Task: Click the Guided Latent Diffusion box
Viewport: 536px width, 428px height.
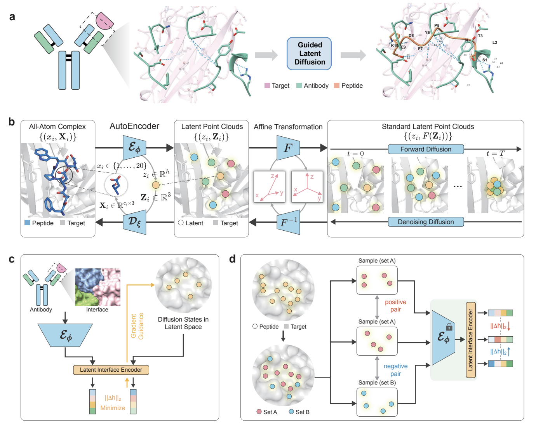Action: pos(309,54)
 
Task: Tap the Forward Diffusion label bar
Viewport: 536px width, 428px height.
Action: pos(426,149)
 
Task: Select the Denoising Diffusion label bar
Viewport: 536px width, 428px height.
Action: pos(426,222)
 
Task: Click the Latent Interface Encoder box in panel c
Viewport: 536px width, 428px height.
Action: pos(111,370)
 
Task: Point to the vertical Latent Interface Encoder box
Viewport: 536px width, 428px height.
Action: pos(471,340)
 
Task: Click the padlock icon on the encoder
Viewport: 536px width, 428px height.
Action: pos(449,327)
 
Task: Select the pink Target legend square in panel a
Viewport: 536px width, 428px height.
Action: pos(267,85)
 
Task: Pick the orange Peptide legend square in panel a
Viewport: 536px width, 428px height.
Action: pos(337,85)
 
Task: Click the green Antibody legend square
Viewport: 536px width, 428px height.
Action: pos(299,85)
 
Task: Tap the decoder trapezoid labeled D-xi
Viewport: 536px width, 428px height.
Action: pos(134,222)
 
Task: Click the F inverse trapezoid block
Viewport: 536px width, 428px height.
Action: pos(288,223)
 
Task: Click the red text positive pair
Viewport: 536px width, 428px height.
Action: pos(395,306)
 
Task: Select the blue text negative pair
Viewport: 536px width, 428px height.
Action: pos(395,370)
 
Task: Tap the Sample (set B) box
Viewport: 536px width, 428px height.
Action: pos(377,402)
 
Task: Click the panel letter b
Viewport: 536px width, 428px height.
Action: pos(12,122)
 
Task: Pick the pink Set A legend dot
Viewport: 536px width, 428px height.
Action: pos(259,412)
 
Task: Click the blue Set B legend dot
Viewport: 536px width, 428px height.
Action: pos(291,412)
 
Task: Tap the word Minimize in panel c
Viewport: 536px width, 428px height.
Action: pos(113,408)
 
